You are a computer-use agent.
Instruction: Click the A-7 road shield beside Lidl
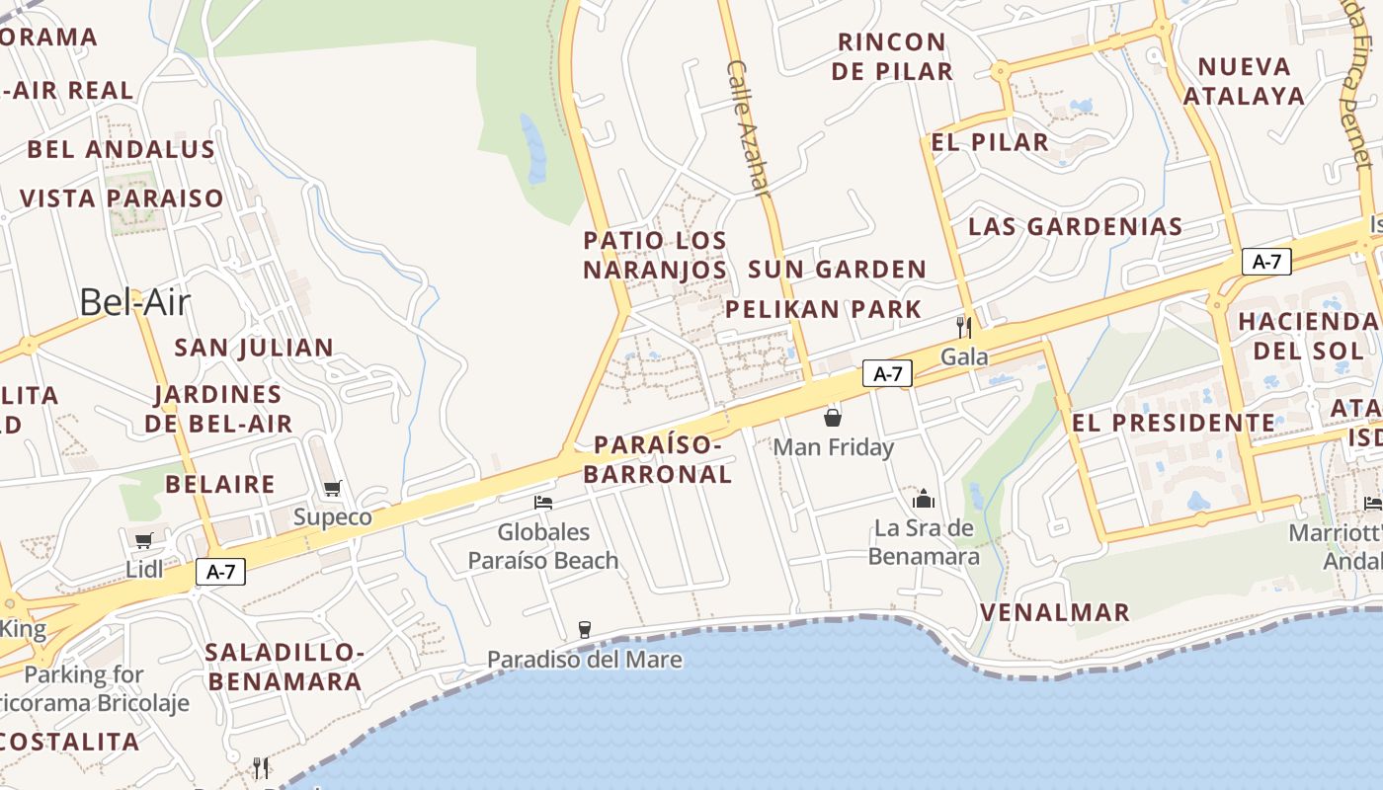[x=220, y=572]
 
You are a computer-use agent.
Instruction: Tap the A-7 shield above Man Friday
[x=887, y=373]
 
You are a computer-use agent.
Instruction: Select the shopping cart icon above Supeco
[x=333, y=489]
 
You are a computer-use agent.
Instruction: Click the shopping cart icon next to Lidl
[x=144, y=540]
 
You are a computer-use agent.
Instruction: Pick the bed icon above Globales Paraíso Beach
[x=543, y=503]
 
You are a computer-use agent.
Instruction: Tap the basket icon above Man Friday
[x=833, y=417]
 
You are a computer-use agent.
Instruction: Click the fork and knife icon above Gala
[x=963, y=327]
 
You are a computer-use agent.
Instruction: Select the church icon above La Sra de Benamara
[x=924, y=498]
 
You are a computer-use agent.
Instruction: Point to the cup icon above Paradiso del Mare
[x=584, y=629]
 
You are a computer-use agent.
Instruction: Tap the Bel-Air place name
[x=133, y=302]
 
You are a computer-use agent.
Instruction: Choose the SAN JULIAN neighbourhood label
[x=254, y=348]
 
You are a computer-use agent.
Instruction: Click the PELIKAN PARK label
[x=823, y=309]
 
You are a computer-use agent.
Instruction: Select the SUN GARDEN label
[x=837, y=270]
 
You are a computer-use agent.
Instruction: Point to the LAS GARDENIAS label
[x=1075, y=226]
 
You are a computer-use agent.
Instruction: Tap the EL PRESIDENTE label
[x=1174, y=423]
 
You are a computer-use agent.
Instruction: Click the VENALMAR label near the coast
[x=1054, y=612]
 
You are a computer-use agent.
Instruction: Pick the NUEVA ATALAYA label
[x=1244, y=81]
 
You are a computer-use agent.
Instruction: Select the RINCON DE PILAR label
[x=892, y=56]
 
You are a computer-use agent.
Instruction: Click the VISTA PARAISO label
[x=122, y=198]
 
